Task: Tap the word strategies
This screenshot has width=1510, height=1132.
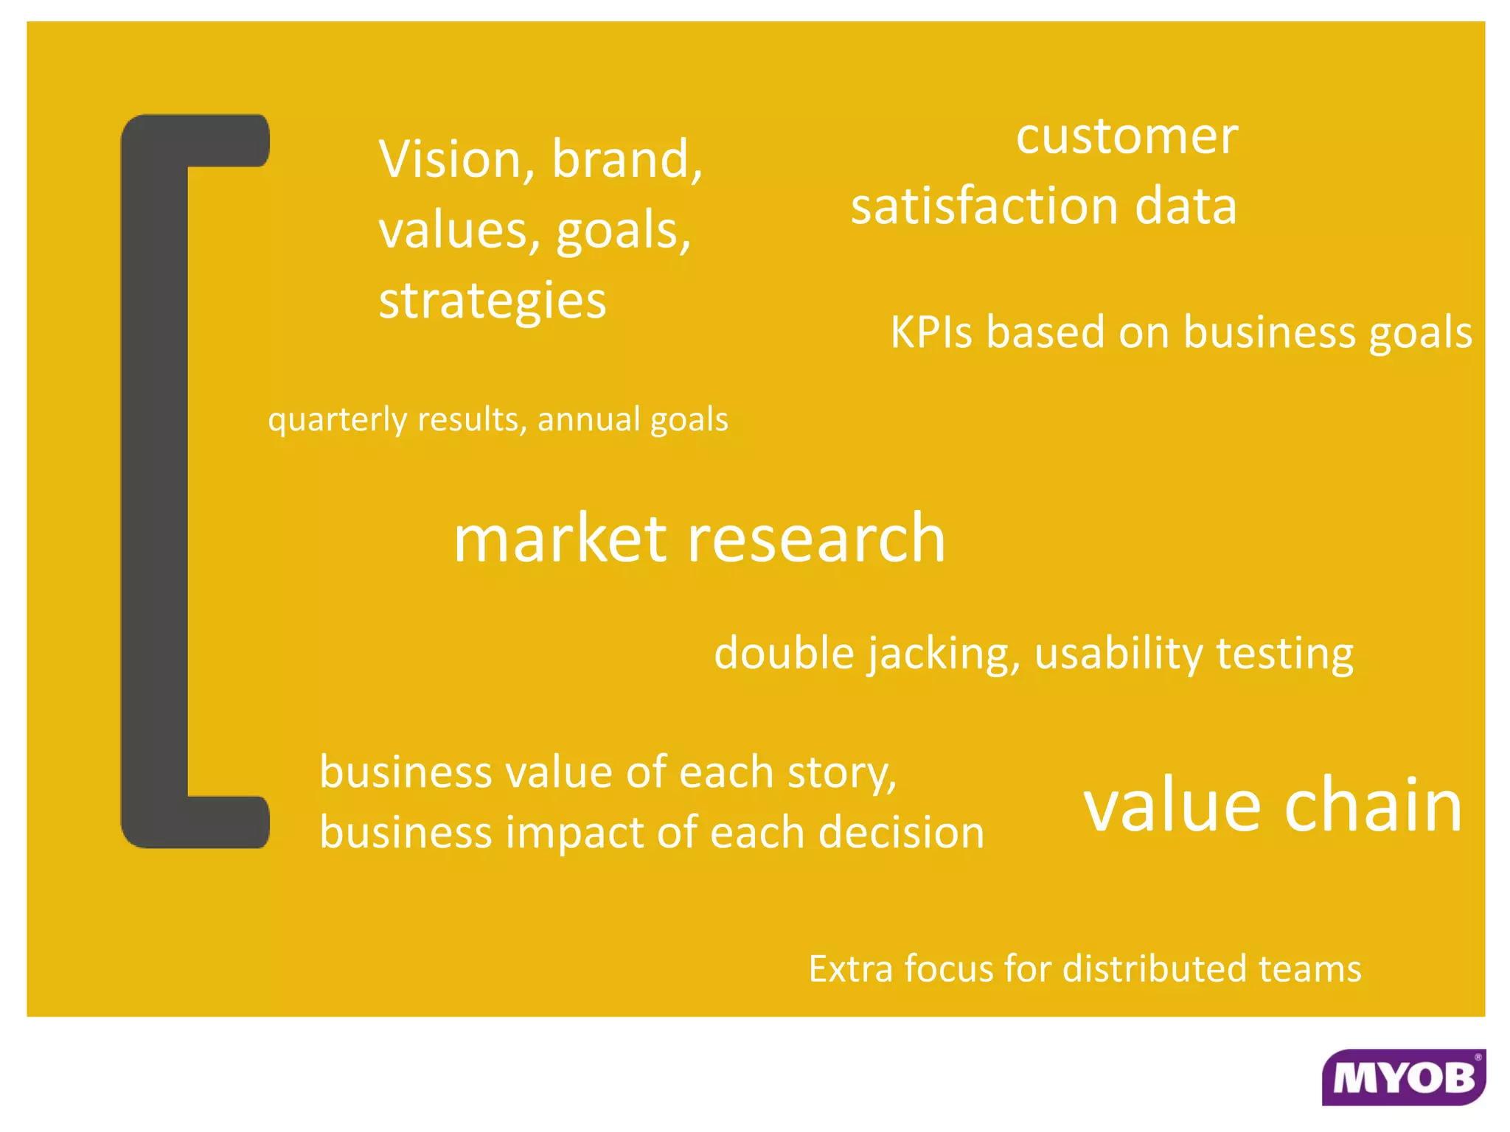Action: click(x=493, y=301)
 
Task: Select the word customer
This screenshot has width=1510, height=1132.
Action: click(x=1127, y=138)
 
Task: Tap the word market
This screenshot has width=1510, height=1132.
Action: click(x=560, y=539)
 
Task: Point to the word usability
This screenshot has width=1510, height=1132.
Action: click(x=1118, y=654)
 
